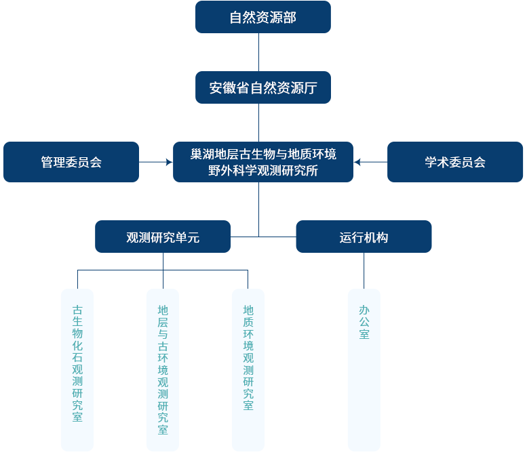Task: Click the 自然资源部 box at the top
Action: (x=262, y=17)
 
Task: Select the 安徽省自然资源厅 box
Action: (x=262, y=87)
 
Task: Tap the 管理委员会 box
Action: (x=71, y=162)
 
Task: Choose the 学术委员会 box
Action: (x=455, y=162)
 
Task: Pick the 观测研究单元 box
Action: (x=163, y=237)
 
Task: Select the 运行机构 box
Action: (x=364, y=237)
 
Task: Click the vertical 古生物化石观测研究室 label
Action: (x=77, y=363)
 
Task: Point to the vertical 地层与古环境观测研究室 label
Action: (x=163, y=369)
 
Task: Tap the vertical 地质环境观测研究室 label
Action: (x=248, y=356)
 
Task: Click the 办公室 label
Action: (x=364, y=321)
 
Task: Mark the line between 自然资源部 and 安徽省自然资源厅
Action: (x=258, y=52)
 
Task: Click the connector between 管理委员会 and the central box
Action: (x=155, y=162)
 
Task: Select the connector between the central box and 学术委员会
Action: (x=372, y=162)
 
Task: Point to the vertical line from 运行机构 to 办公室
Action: (x=364, y=270)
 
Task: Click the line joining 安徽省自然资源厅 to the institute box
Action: (x=258, y=123)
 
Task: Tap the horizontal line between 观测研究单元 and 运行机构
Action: (x=263, y=237)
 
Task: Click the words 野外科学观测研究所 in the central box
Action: (x=263, y=171)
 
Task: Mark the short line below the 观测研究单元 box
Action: (x=163, y=261)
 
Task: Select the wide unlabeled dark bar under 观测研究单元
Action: (x=162, y=279)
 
